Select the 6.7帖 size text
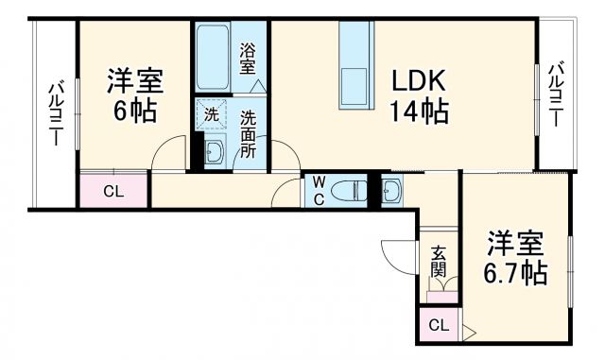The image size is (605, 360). coord(516,274)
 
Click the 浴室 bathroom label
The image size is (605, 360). coord(248,60)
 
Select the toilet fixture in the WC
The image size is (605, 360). coord(350,191)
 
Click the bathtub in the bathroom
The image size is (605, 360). coord(215,57)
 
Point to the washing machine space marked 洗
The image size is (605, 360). coord(212,114)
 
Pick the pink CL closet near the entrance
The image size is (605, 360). coord(438,326)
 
